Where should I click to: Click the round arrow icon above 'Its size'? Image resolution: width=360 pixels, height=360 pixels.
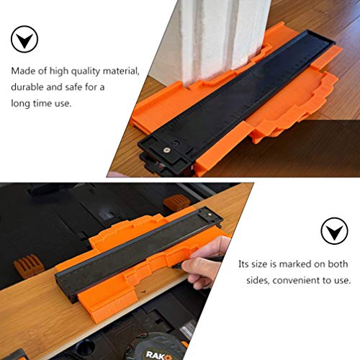coord(333,231)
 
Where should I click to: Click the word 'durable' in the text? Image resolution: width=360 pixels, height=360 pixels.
coord(27,87)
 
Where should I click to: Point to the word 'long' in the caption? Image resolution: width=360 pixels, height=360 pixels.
coord(20,103)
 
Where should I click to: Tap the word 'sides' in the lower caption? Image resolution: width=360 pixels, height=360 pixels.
coord(252,280)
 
